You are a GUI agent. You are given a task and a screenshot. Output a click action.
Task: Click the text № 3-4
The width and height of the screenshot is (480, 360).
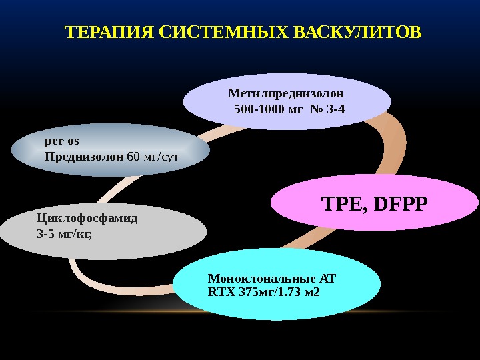click(x=327, y=108)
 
